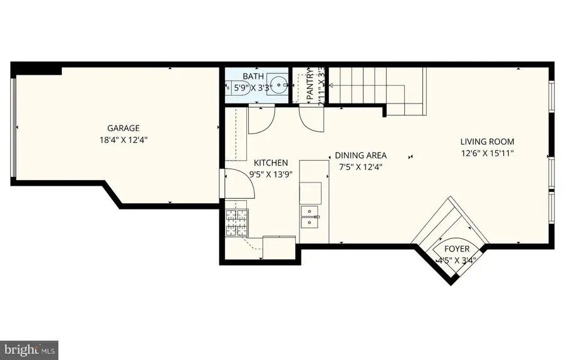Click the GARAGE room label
coord(122,128)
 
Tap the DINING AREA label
coord(360,156)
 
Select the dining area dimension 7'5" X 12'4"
coord(360,167)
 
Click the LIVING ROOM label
coord(487,142)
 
